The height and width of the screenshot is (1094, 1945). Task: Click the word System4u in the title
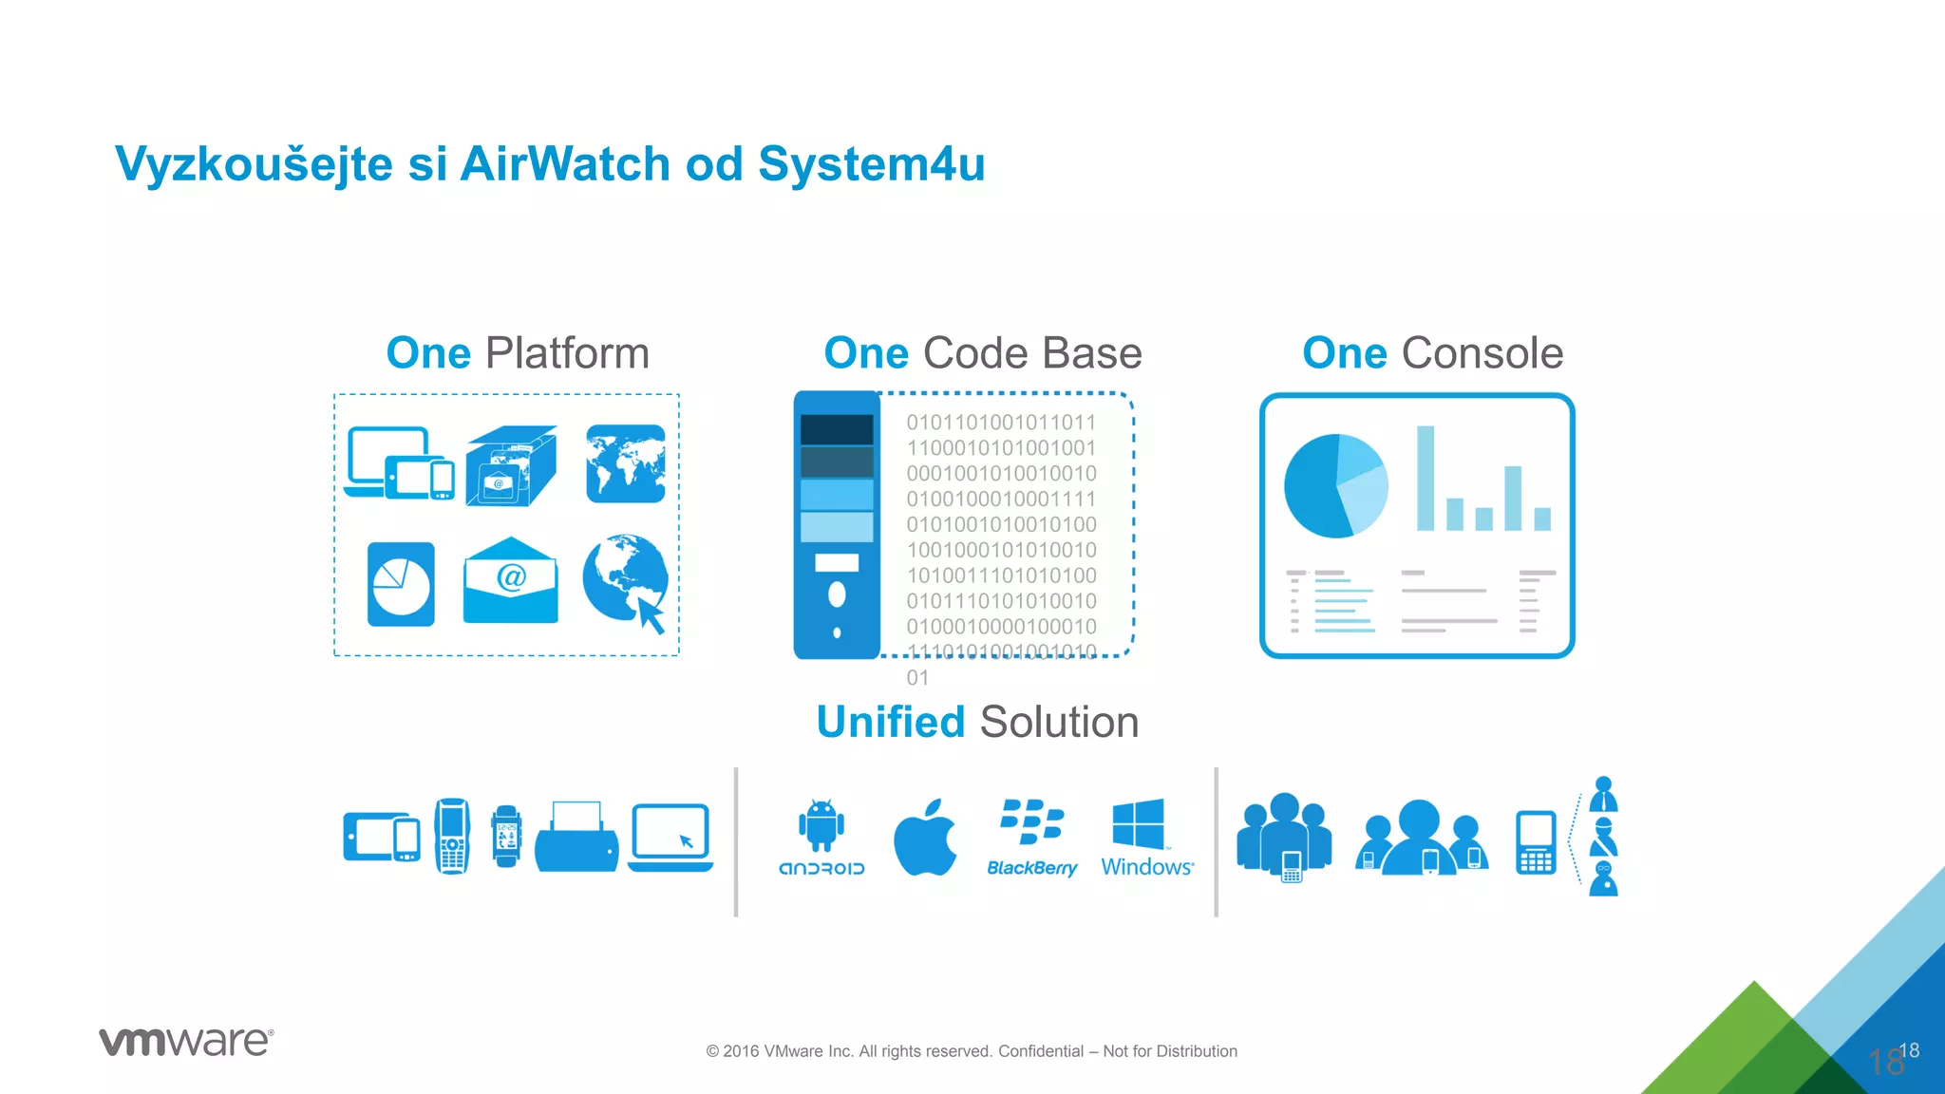pyautogui.click(x=871, y=163)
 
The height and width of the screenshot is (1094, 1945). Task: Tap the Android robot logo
pyautogui.click(x=821, y=825)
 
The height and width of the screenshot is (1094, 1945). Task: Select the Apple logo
pyautogui.click(x=925, y=838)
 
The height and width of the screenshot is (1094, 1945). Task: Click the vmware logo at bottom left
pyautogui.click(x=186, y=1042)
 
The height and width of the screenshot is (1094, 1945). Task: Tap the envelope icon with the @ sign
pyautogui.click(x=511, y=580)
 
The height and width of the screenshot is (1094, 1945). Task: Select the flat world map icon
pyautogui.click(x=626, y=463)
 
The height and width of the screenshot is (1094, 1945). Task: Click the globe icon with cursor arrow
pyautogui.click(x=626, y=580)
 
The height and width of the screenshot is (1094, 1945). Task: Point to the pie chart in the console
pyautogui.click(x=1335, y=485)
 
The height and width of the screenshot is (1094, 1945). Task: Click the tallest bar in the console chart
pyautogui.click(x=1425, y=478)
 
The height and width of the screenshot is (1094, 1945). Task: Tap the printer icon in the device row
pyautogui.click(x=576, y=837)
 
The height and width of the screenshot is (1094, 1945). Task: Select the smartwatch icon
pyautogui.click(x=506, y=836)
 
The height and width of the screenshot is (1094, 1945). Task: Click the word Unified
pyautogui.click(x=891, y=722)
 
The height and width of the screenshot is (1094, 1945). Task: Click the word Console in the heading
pyautogui.click(x=1482, y=353)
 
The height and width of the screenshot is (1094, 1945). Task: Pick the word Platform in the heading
pyautogui.click(x=567, y=353)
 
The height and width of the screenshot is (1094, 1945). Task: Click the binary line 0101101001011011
pyautogui.click(x=1001, y=423)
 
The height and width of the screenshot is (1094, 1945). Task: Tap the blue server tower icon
pyautogui.click(x=837, y=525)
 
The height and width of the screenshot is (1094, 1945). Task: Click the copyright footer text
pyautogui.click(x=972, y=1051)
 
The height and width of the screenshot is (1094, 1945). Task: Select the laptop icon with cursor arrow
pyautogui.click(x=670, y=837)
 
